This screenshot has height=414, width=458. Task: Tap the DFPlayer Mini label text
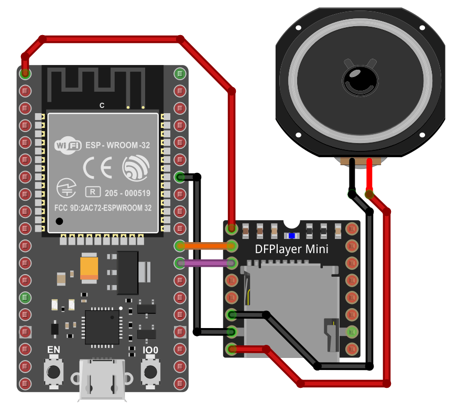(x=291, y=249)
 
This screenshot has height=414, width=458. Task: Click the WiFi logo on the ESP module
(x=68, y=145)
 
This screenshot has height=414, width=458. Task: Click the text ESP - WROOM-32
(x=117, y=145)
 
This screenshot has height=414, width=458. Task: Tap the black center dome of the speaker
(x=359, y=80)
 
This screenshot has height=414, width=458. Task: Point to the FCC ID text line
(x=103, y=208)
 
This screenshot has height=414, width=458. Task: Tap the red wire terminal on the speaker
(x=369, y=162)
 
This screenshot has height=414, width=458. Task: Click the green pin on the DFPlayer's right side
(x=352, y=331)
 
